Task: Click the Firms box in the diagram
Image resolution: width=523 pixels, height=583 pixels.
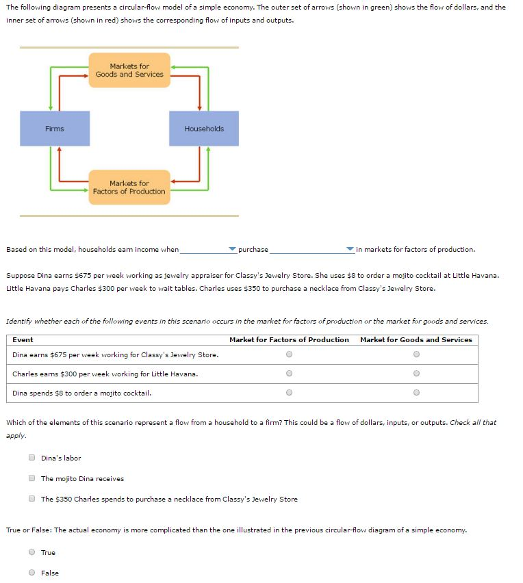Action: click(x=55, y=129)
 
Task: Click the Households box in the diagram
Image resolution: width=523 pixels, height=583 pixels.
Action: click(x=204, y=129)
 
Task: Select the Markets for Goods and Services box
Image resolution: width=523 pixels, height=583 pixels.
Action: click(x=129, y=70)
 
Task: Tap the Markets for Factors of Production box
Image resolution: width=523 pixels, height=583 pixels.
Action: click(x=129, y=187)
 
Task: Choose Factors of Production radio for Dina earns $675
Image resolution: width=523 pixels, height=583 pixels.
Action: click(x=289, y=354)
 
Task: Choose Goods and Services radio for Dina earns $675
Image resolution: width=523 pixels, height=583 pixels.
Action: click(x=416, y=354)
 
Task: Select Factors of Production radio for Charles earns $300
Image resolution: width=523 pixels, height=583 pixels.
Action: click(x=289, y=374)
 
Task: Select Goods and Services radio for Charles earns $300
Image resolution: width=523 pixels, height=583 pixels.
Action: click(x=416, y=374)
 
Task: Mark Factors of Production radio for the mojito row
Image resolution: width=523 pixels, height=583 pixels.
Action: click(x=289, y=393)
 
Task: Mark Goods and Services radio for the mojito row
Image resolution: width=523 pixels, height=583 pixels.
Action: click(x=416, y=393)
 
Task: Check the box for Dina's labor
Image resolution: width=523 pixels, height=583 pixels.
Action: click(x=32, y=458)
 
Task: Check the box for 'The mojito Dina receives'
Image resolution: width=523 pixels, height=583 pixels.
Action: click(x=32, y=478)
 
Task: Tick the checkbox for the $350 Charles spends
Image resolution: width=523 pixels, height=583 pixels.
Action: click(x=32, y=499)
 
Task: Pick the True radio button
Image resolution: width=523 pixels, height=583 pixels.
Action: click(x=32, y=552)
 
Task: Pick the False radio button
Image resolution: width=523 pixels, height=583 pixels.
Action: click(x=32, y=573)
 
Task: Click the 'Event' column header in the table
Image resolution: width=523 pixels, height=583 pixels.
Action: click(x=23, y=339)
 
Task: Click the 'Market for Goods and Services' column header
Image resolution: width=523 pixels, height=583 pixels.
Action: click(x=416, y=339)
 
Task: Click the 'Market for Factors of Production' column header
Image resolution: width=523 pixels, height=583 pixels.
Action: click(x=289, y=339)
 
